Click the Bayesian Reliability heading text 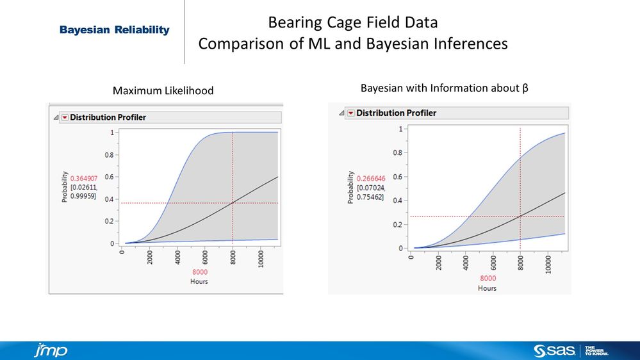(115, 30)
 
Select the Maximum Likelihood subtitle (163, 92)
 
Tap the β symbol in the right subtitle (525, 87)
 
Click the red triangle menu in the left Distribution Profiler (64, 117)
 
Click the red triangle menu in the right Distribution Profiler (350, 113)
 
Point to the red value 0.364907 (84, 178)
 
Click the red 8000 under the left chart (200, 272)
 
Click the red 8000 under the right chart (488, 278)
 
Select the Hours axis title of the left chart (200, 281)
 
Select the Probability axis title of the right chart (350, 188)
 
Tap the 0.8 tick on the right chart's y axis (397, 152)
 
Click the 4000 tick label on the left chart (177, 258)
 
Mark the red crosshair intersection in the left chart (232, 203)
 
